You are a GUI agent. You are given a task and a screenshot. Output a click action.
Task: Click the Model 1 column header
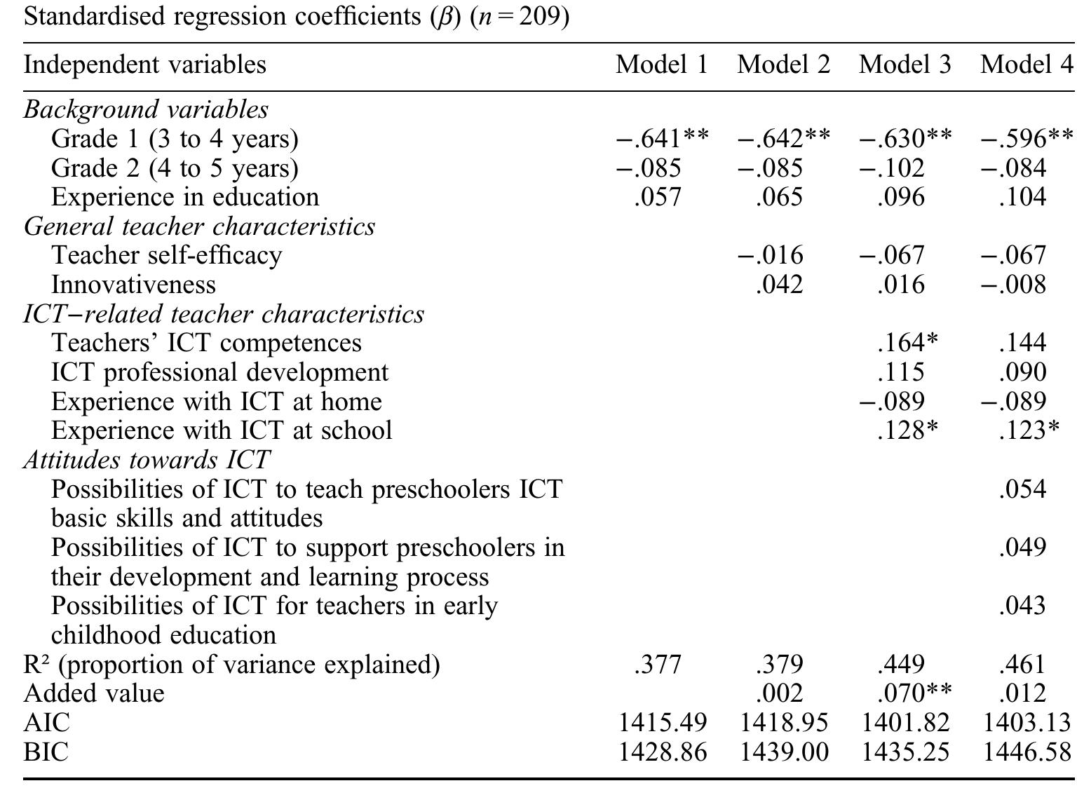[x=662, y=64]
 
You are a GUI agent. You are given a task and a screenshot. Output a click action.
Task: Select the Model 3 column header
[x=905, y=64]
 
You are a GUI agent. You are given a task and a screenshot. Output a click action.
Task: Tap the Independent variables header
[x=145, y=64]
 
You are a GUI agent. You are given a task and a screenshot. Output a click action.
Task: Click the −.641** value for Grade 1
[x=662, y=139]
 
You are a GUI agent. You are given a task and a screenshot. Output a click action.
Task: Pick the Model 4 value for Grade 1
[x=1026, y=139]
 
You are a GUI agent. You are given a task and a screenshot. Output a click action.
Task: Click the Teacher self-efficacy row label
[x=166, y=255]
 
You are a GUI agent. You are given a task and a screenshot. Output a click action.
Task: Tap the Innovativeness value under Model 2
[x=779, y=285]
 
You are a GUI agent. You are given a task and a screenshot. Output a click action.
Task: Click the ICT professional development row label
[x=219, y=372]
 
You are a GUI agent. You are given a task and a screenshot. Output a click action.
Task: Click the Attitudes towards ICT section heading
[x=147, y=460]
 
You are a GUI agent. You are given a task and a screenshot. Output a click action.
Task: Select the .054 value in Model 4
[x=1023, y=489]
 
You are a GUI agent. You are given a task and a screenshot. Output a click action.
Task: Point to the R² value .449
[x=901, y=664]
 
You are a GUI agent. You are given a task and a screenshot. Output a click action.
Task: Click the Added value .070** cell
[x=914, y=693]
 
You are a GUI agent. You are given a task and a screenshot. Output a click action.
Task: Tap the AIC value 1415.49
[x=662, y=723]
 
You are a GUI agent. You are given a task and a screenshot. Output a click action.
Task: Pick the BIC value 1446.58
[x=1027, y=752]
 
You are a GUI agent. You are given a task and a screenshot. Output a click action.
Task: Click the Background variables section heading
[x=146, y=109]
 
